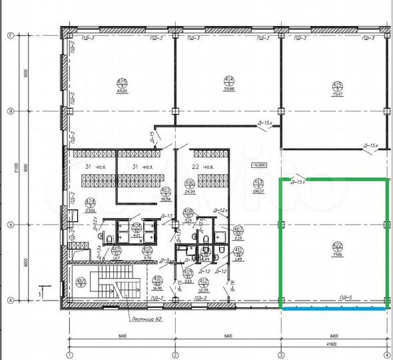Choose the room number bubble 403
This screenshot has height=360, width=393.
pos(167,192)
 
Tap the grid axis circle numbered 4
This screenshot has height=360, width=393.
pos(387,354)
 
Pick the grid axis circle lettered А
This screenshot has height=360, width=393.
pos(10,301)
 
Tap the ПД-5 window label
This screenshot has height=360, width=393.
pos(344,297)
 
